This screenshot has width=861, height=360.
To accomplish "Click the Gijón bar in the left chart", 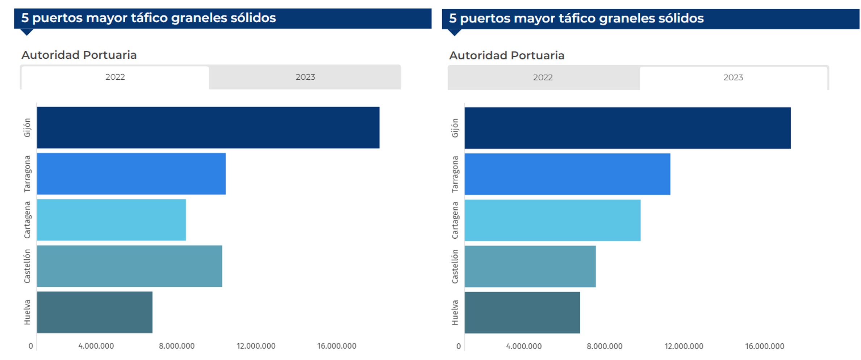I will [x=208, y=127].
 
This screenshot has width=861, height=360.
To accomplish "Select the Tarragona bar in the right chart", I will [x=567, y=174].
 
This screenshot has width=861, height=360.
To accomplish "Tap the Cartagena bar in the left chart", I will [x=111, y=220].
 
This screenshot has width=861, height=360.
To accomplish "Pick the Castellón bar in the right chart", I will [x=530, y=267].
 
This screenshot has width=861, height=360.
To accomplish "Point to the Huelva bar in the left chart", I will [x=95, y=312].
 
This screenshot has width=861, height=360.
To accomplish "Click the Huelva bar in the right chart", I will [x=522, y=313].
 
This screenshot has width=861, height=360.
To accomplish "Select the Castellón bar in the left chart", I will [x=129, y=266].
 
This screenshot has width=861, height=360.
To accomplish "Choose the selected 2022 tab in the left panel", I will [x=115, y=77].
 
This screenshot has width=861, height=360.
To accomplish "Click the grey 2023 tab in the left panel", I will [x=305, y=77].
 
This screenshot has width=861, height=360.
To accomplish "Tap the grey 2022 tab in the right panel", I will [x=543, y=78].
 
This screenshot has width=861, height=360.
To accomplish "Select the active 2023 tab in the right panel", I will [x=733, y=78].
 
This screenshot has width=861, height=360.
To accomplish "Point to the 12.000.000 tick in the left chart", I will [x=256, y=346].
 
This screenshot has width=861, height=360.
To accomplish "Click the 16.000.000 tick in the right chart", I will [x=764, y=347].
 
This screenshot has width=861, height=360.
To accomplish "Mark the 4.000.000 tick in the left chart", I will [x=96, y=346].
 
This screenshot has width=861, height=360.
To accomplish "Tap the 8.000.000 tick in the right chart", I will [x=604, y=347].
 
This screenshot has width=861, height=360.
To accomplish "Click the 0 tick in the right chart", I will [x=459, y=347].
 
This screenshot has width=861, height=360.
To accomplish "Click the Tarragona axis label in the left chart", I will [x=28, y=174].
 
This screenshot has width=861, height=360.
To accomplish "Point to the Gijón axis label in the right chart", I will [x=455, y=128].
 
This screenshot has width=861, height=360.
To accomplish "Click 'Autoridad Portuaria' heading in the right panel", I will [x=506, y=55].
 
